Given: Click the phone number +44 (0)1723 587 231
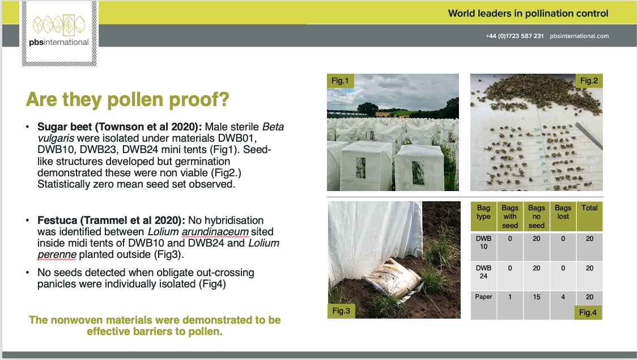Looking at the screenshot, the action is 514,36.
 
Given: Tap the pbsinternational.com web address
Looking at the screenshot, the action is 580,36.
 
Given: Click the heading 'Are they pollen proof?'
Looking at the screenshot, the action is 127,99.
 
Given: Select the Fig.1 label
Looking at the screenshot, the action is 340,81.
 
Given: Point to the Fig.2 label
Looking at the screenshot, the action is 589,81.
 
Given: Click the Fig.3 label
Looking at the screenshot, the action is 341,311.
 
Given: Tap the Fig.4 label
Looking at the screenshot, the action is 588,312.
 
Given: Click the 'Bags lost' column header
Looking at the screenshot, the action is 563,212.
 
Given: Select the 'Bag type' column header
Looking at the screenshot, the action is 483,212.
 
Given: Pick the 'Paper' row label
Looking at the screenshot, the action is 483,297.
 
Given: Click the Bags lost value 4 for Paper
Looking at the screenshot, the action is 563,297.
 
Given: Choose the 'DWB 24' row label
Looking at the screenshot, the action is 483,272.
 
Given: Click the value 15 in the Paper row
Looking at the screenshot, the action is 537,297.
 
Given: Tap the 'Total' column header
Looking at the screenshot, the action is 590,207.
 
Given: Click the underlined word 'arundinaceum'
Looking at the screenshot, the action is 215,232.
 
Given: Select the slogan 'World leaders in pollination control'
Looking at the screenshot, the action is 528,14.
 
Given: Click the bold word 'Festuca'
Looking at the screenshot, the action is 57,221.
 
